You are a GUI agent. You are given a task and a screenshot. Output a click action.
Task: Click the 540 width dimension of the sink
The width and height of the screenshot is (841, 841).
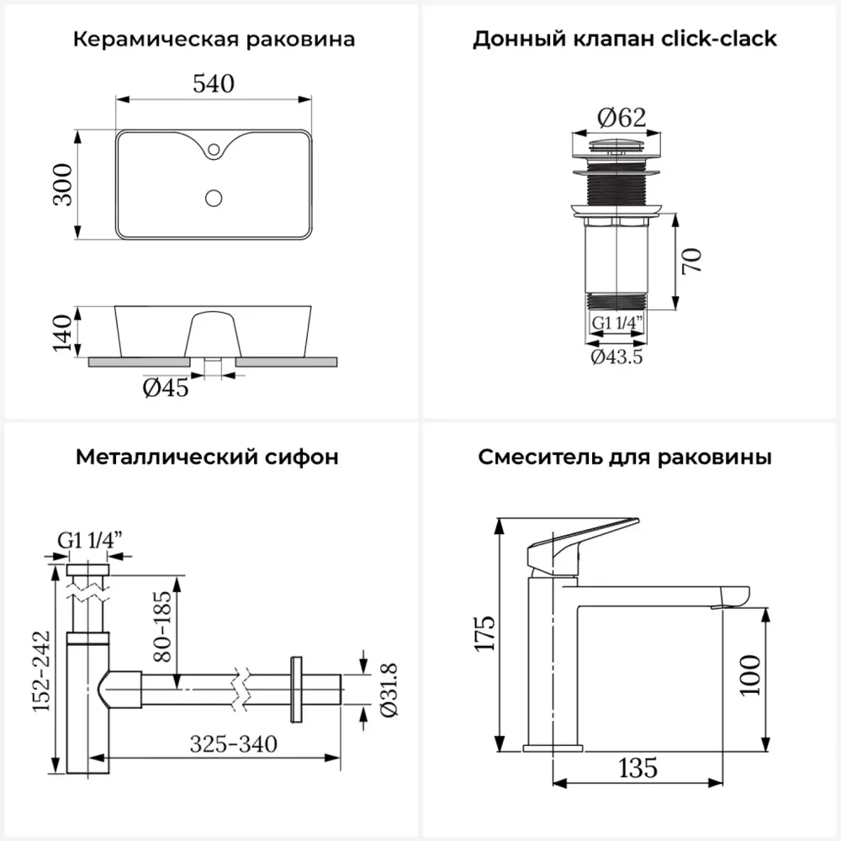pyautogui.click(x=213, y=84)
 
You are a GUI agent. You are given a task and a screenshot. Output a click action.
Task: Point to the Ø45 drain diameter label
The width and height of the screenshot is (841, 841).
pyautogui.click(x=166, y=389)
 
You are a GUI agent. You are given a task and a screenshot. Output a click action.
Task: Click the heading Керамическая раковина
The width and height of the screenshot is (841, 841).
pyautogui.click(x=214, y=40)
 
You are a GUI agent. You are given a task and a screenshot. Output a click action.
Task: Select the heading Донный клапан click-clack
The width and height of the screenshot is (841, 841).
pyautogui.click(x=625, y=40)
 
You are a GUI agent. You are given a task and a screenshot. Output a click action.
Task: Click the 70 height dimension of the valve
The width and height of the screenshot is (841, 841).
pyautogui.click(x=691, y=261)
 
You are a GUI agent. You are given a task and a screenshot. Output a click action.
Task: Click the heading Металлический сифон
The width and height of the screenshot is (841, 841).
pyautogui.click(x=207, y=458)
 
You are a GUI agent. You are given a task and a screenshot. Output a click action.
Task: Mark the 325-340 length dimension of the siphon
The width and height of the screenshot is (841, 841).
pyautogui.click(x=233, y=743)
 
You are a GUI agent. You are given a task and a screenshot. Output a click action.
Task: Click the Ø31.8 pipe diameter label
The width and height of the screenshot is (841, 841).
pyautogui.click(x=389, y=690)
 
